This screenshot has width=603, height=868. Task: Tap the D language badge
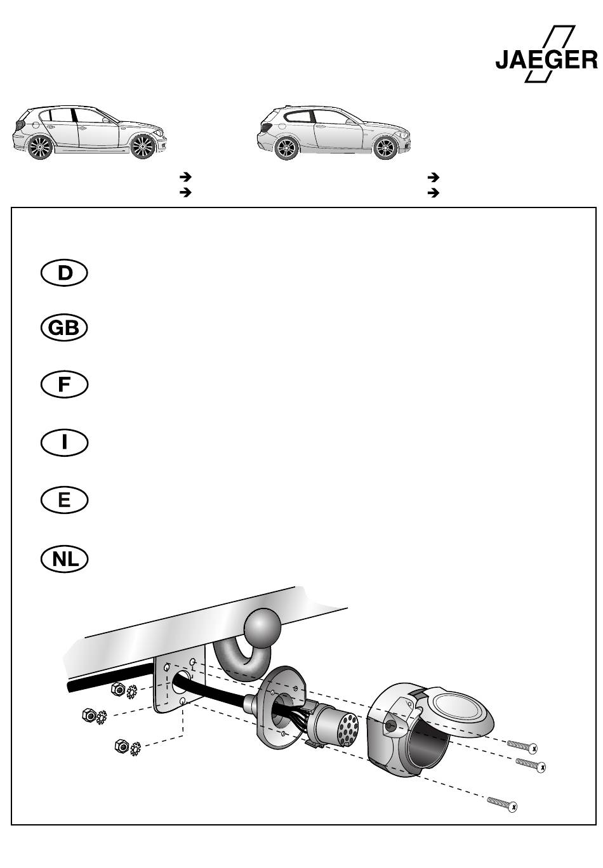click(x=64, y=273)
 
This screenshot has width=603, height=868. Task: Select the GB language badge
click(x=64, y=328)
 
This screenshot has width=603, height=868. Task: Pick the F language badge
click(x=64, y=385)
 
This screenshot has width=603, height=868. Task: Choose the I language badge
click(x=64, y=442)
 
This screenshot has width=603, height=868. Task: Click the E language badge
click(x=64, y=501)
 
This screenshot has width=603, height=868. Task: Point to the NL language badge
click(x=64, y=559)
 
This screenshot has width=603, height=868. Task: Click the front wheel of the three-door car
click(x=385, y=148)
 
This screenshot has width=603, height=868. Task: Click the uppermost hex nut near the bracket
click(x=117, y=688)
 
